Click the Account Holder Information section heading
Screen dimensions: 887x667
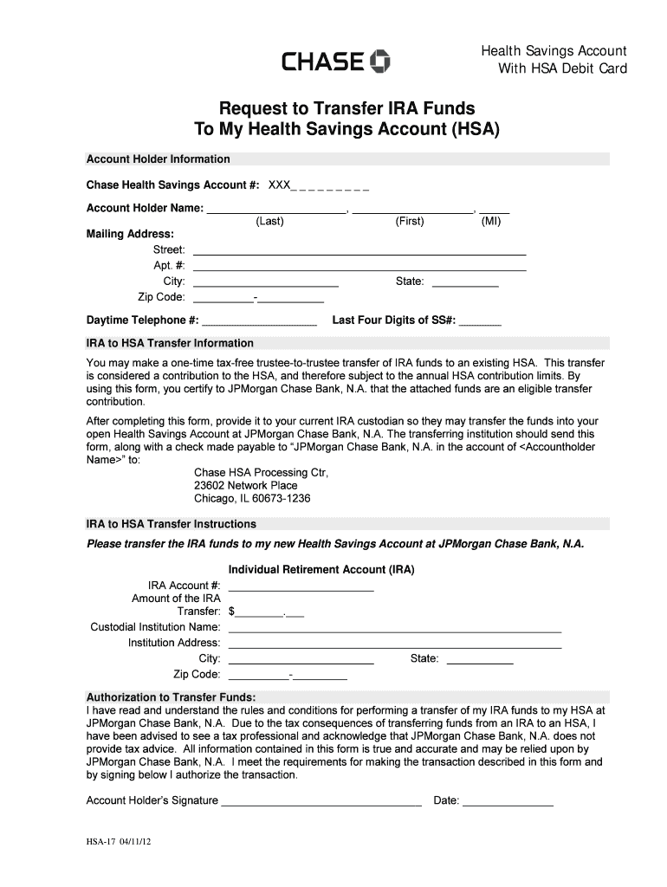pos(158,159)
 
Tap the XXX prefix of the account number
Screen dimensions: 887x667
pos(279,185)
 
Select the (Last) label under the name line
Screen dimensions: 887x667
pos(269,222)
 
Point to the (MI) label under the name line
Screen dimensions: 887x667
pos(491,222)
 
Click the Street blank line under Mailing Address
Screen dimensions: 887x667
pos(359,254)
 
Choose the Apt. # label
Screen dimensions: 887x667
pos(169,266)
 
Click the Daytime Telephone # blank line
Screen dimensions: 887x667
pos(259,324)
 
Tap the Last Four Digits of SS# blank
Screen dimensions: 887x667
pos(480,324)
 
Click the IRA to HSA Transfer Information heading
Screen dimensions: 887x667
pos(170,343)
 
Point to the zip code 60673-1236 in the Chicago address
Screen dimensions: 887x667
pos(279,500)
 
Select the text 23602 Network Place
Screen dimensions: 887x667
pos(246,486)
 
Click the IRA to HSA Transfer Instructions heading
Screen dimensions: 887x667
pos(171,525)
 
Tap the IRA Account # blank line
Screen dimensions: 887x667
pos(301,589)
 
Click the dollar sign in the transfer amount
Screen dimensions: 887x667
pos(231,612)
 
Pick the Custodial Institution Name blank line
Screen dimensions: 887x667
pos(394,631)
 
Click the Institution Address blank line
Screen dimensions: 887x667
pos(394,646)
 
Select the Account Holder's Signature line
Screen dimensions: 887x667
pos(321,805)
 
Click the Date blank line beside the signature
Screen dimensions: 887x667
pos(508,805)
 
